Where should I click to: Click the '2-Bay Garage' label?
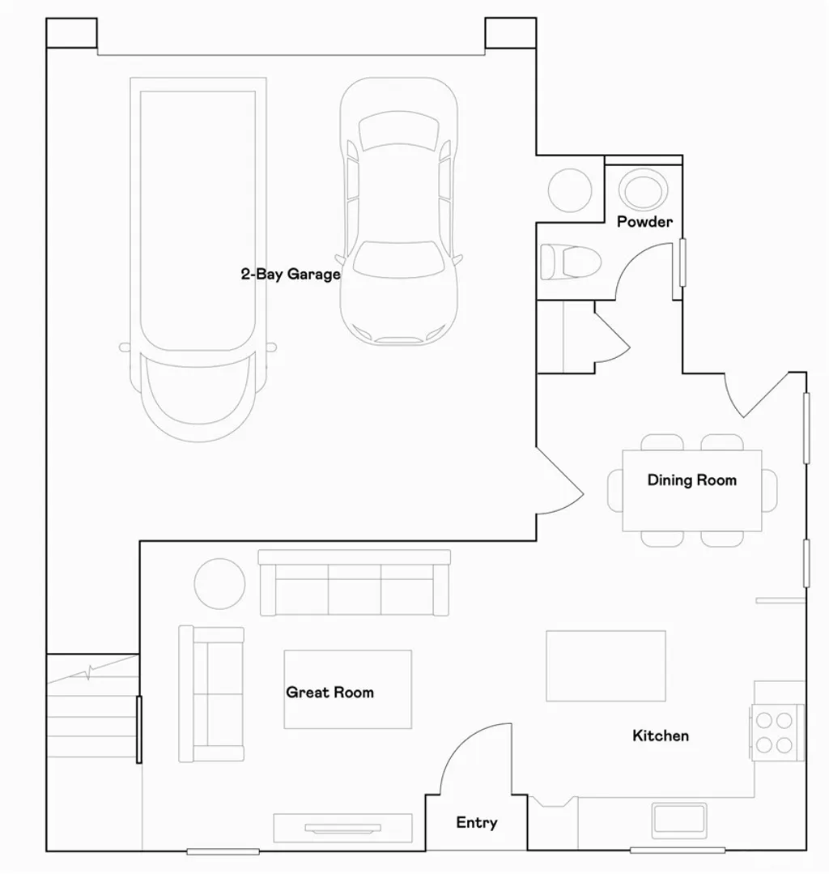pyautogui.click(x=291, y=275)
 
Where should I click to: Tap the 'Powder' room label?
pyautogui.click(x=644, y=222)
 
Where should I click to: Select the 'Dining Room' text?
pyautogui.click(x=691, y=480)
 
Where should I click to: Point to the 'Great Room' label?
pyautogui.click(x=329, y=693)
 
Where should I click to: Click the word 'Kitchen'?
pyautogui.click(x=661, y=735)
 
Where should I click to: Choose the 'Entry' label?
pyautogui.click(x=476, y=823)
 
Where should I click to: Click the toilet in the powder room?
pyautogui.click(x=571, y=262)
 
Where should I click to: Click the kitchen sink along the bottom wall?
pyautogui.click(x=679, y=820)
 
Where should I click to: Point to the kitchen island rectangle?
pyautogui.click(x=606, y=666)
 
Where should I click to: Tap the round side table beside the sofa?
pyautogui.click(x=219, y=584)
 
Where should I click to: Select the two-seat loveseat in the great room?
pyautogui.click(x=211, y=693)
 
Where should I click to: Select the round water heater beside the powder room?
pyautogui.click(x=570, y=190)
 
